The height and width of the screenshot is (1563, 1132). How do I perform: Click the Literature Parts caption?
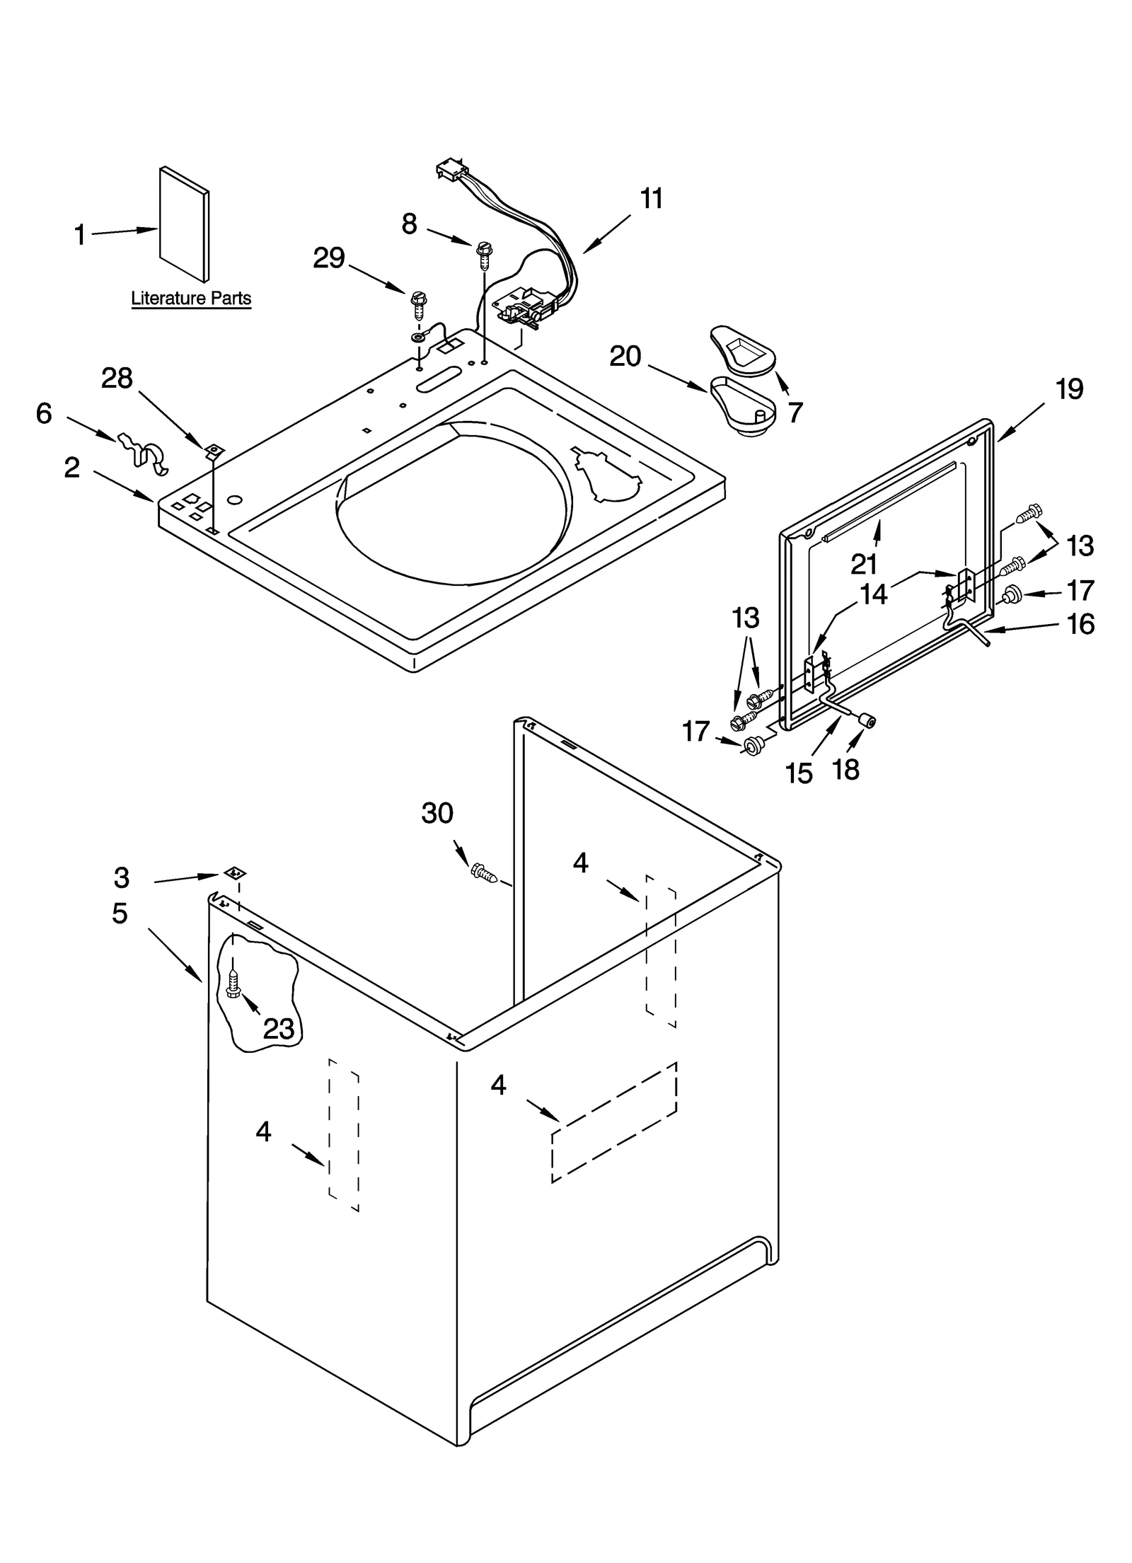pyautogui.click(x=191, y=298)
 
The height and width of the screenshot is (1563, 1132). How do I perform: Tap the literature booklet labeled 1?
pyautogui.click(x=184, y=224)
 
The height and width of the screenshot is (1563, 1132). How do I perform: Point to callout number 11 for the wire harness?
pyautogui.click(x=651, y=199)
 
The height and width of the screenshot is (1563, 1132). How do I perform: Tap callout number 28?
pyautogui.click(x=117, y=379)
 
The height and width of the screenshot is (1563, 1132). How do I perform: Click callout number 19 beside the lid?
pyautogui.click(x=1069, y=388)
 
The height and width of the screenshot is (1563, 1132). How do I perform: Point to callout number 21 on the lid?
pyautogui.click(x=863, y=564)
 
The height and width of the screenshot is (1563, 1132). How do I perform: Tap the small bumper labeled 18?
pyautogui.click(x=867, y=720)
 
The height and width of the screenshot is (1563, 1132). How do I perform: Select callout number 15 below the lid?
pyautogui.click(x=799, y=773)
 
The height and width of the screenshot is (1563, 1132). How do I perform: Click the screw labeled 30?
pyautogui.click(x=484, y=873)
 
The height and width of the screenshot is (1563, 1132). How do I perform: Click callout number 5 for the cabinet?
pyautogui.click(x=120, y=913)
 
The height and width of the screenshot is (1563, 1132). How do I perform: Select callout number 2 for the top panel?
pyautogui.click(x=72, y=468)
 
